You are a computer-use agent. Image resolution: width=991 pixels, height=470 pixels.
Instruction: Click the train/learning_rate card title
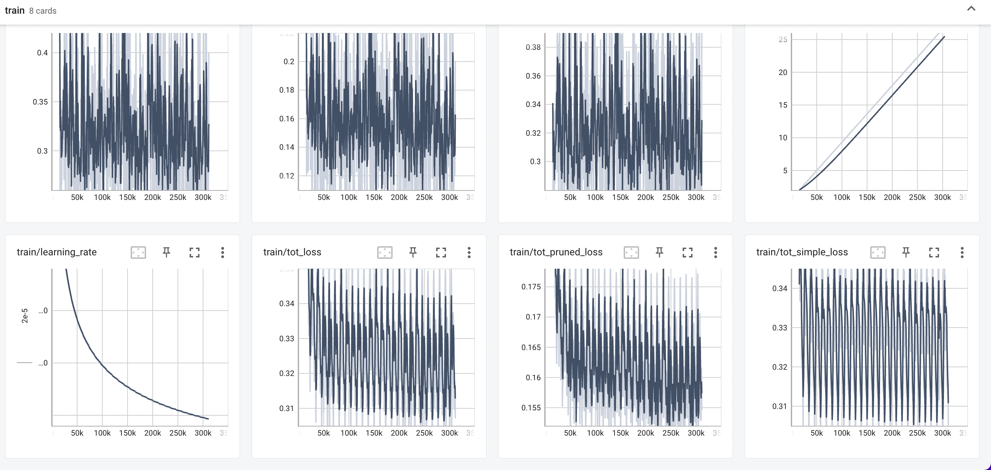pyautogui.click(x=57, y=252)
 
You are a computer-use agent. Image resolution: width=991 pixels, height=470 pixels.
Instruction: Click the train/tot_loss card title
pyautogui.click(x=292, y=252)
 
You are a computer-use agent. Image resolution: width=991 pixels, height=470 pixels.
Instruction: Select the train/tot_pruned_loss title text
pyautogui.click(x=556, y=252)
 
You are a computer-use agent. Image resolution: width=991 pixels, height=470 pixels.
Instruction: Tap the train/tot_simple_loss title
pyautogui.click(x=802, y=252)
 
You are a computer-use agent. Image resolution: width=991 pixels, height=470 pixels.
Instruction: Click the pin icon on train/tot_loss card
pyautogui.click(x=413, y=252)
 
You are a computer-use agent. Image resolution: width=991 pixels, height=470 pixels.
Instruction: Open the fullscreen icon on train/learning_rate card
pyautogui.click(x=195, y=252)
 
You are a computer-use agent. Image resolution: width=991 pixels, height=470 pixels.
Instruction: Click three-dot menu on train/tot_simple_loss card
pyautogui.click(x=962, y=252)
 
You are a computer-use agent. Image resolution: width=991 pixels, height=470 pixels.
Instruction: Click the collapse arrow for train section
pyautogui.click(x=971, y=9)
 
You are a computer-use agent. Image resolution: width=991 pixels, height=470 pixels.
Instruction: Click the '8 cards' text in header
pyautogui.click(x=43, y=11)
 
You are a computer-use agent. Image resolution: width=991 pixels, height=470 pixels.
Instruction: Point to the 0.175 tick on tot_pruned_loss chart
pyautogui.click(x=531, y=287)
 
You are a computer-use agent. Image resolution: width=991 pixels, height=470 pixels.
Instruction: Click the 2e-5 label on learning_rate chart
pyautogui.click(x=25, y=316)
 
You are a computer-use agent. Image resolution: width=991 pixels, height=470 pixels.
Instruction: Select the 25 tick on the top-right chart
pyautogui.click(x=782, y=39)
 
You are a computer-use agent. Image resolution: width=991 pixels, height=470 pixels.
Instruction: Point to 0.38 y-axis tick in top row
pyautogui.click(x=533, y=47)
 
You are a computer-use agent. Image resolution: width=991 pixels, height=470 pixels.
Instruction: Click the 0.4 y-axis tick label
pyautogui.click(x=42, y=53)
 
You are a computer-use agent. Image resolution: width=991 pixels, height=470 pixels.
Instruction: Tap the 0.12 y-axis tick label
pyautogui.click(x=286, y=176)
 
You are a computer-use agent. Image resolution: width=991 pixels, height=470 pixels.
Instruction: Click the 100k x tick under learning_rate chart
pyautogui.click(x=102, y=433)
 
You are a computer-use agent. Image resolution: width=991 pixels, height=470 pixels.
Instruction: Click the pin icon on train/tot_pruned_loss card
pyautogui.click(x=659, y=252)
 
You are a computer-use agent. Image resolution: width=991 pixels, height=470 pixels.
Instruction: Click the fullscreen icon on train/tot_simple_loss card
pyautogui.click(x=934, y=252)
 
